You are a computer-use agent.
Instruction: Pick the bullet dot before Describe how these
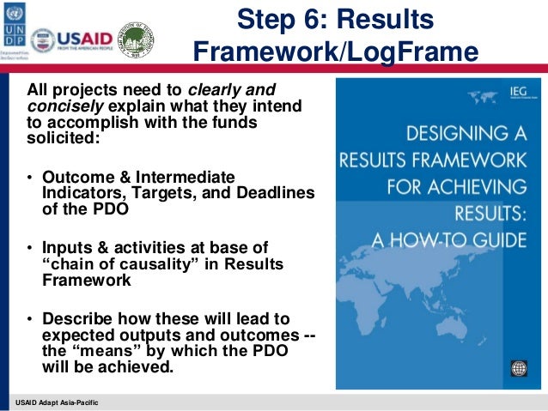[x=31, y=321]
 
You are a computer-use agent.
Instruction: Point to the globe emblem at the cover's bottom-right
[x=517, y=369]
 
